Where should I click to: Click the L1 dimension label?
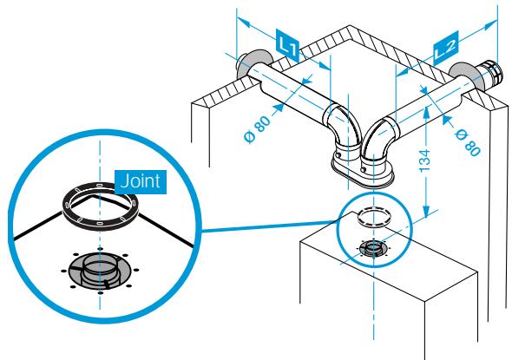point(288,45)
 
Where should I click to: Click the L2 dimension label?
point(446,48)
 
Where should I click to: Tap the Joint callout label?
point(141,181)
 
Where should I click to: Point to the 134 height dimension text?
point(425,161)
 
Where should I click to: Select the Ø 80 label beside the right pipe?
point(468,142)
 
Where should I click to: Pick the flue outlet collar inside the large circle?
point(101,271)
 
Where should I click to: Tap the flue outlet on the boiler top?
point(374,249)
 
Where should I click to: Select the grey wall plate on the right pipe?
point(464,75)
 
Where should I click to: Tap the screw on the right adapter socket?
point(363,169)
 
